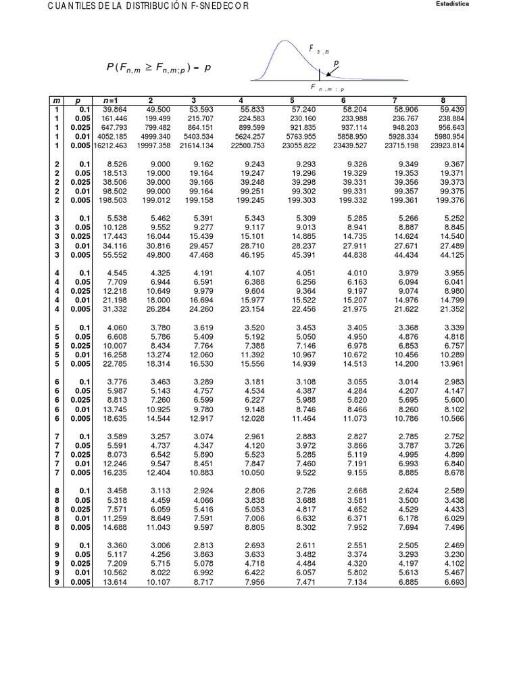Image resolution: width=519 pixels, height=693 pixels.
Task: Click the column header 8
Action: point(462,101)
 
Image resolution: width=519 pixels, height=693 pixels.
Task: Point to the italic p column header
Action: point(78,101)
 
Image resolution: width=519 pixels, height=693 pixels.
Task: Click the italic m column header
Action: point(57,101)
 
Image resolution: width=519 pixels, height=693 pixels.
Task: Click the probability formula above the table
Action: point(158,68)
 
